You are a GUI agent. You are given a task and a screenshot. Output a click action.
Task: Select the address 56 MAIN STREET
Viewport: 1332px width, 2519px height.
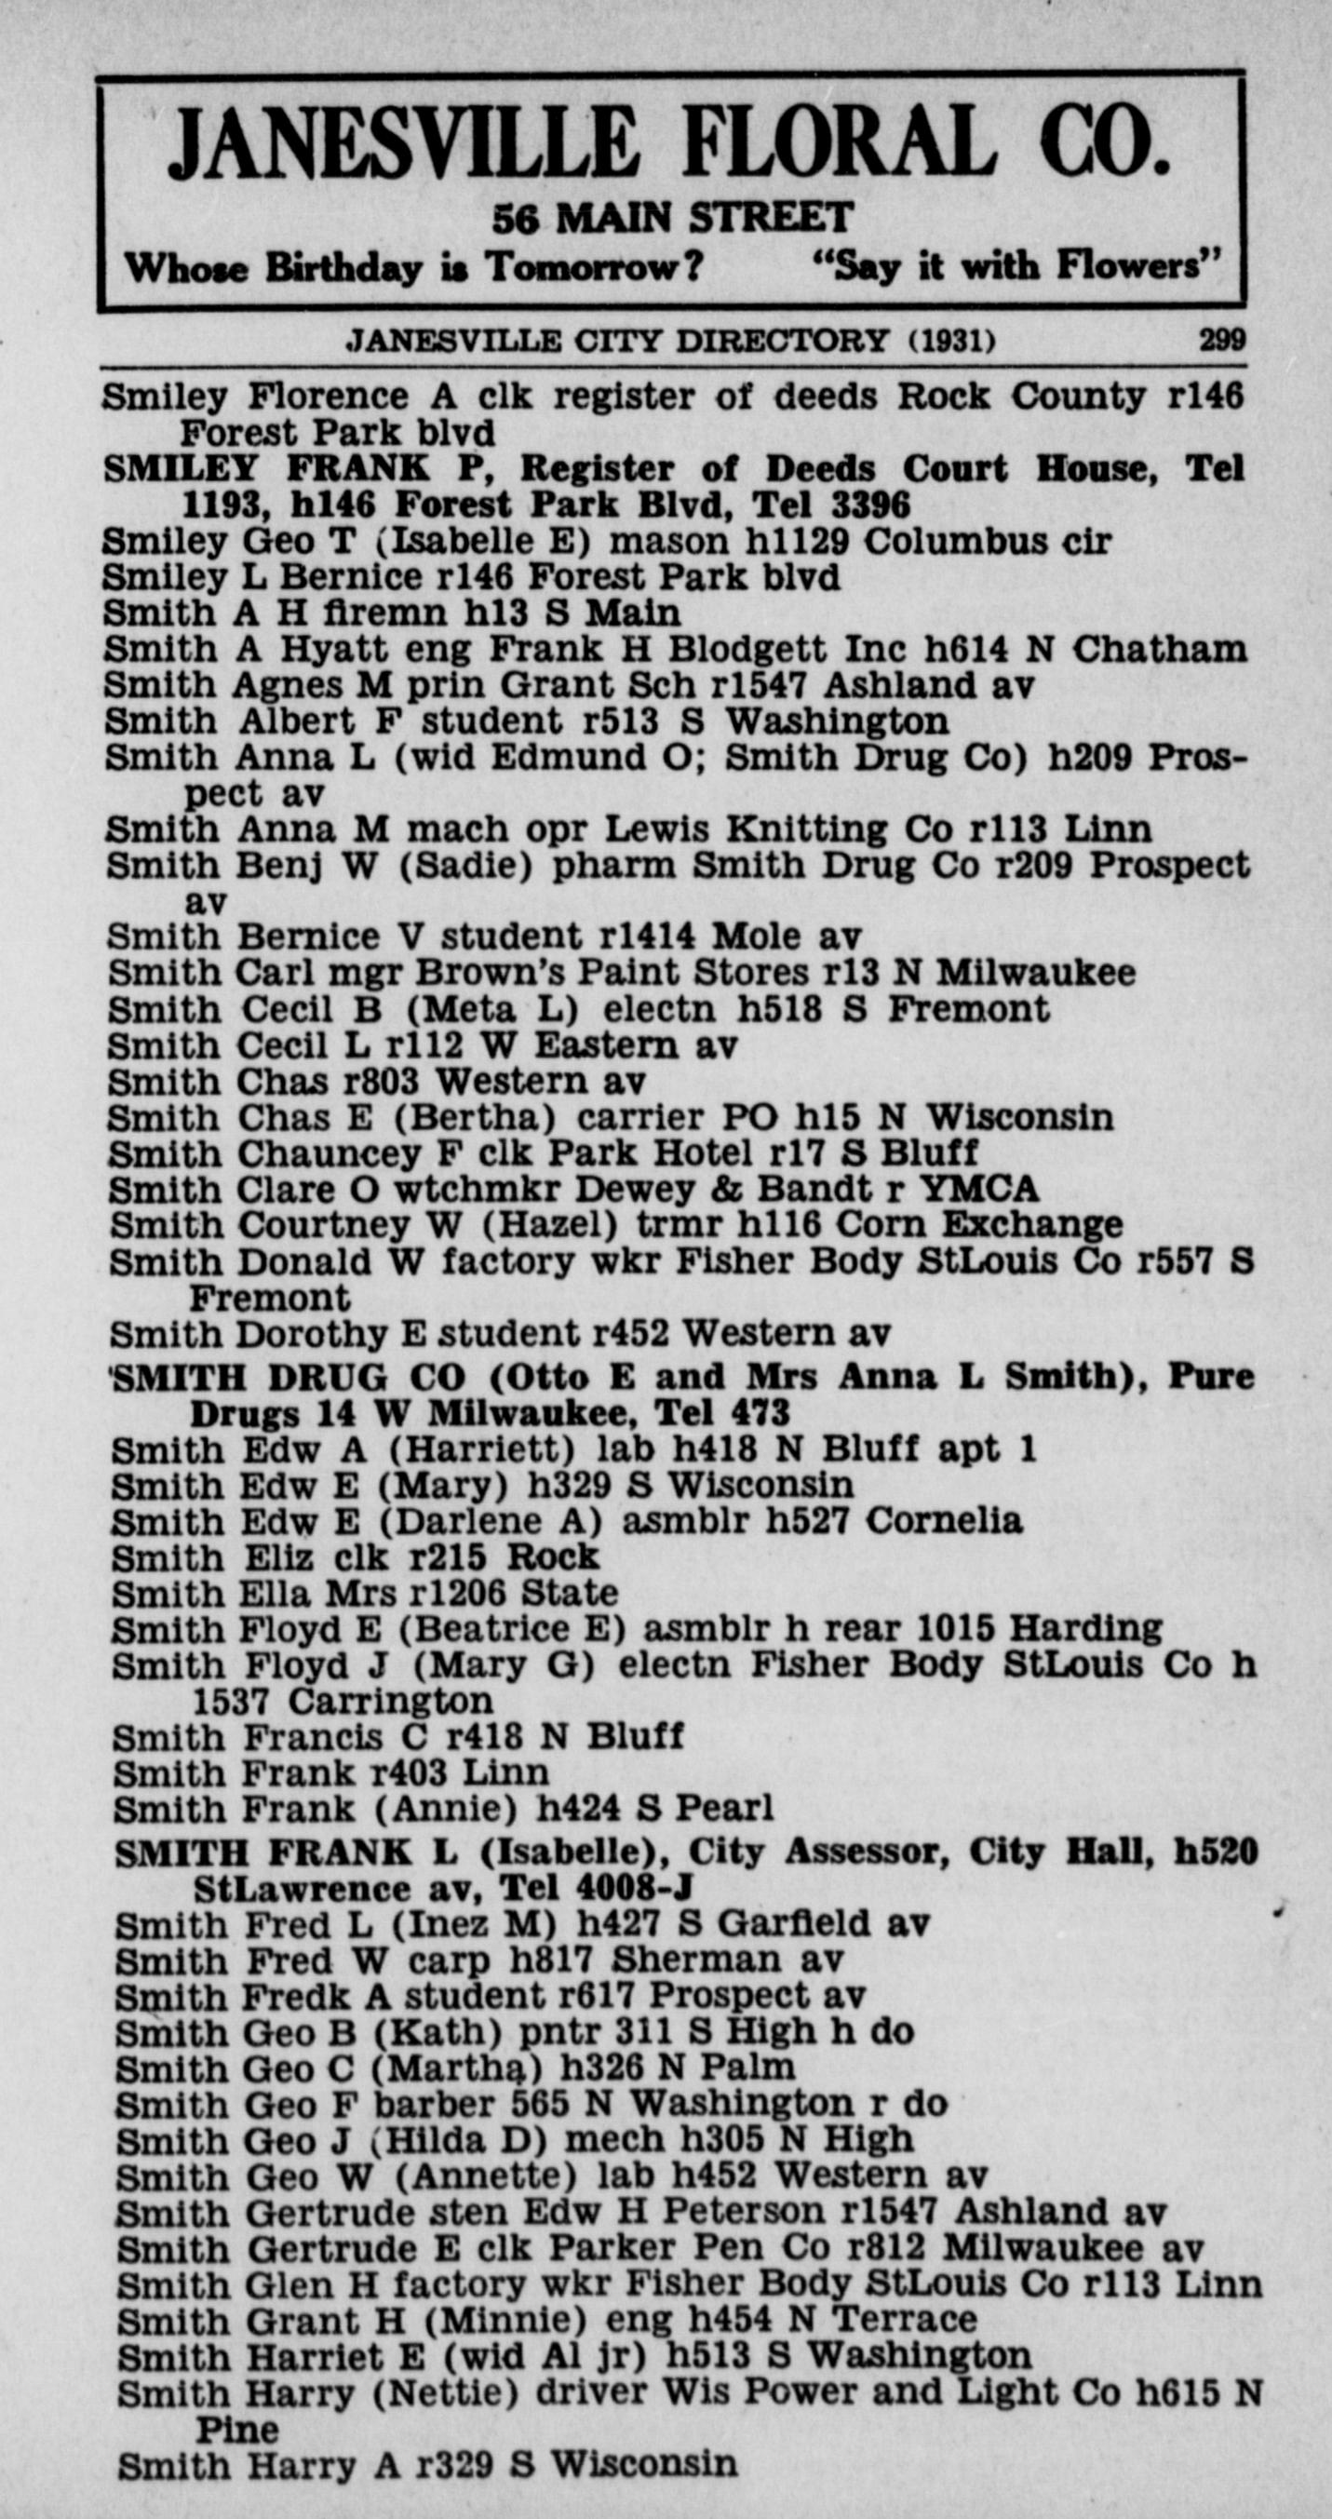click(673, 217)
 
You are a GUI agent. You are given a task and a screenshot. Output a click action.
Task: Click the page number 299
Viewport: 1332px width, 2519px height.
click(1222, 341)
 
